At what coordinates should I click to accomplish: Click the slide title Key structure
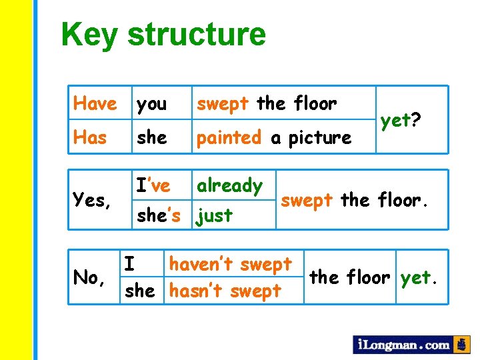click(x=163, y=34)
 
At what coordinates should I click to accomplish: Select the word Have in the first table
click(x=95, y=103)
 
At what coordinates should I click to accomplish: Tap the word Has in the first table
click(x=90, y=137)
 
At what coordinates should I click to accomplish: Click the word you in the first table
click(x=151, y=105)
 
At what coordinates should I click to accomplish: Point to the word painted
click(x=229, y=137)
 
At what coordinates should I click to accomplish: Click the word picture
click(x=319, y=138)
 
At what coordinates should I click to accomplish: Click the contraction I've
click(x=153, y=185)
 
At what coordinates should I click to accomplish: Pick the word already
click(x=229, y=186)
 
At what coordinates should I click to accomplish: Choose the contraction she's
click(x=158, y=215)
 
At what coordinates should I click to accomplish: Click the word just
click(x=215, y=216)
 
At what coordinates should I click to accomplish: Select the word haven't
click(x=198, y=264)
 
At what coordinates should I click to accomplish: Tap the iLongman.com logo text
click(x=403, y=345)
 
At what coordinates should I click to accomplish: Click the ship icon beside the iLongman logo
click(x=461, y=344)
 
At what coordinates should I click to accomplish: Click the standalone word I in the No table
click(x=130, y=264)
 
